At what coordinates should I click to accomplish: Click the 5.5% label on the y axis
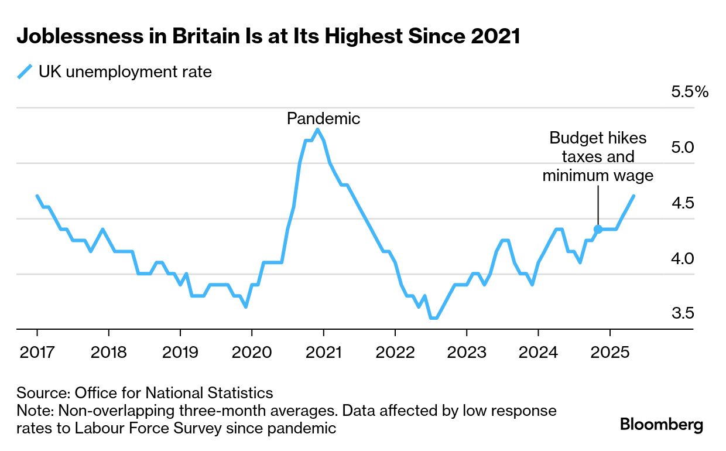click(x=690, y=92)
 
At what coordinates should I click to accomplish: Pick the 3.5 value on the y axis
click(x=683, y=313)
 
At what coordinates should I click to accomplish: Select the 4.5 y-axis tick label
click(x=683, y=203)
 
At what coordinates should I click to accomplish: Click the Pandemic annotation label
click(x=323, y=118)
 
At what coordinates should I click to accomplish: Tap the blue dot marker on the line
click(x=598, y=229)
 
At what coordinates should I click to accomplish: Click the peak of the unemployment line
click(x=317, y=129)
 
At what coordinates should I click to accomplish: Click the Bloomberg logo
click(x=662, y=424)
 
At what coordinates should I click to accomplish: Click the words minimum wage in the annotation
click(x=598, y=175)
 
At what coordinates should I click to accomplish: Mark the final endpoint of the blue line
click(x=633, y=196)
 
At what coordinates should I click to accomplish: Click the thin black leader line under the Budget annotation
click(x=598, y=205)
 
